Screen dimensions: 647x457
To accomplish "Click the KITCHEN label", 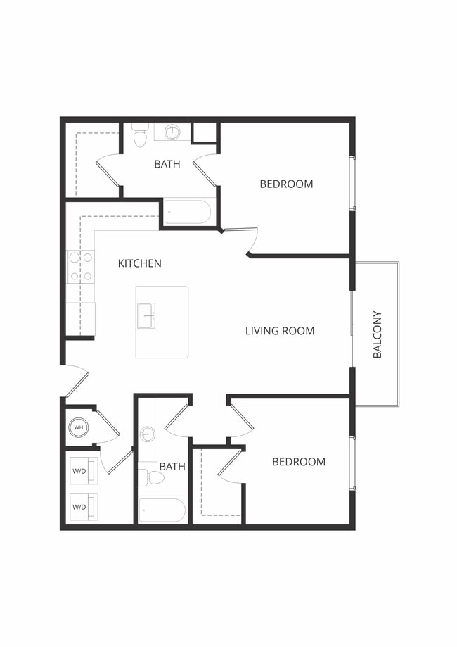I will pos(139,263).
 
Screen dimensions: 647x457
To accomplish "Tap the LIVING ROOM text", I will pos(279,330).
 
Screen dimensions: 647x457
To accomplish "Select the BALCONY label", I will pos(377,334).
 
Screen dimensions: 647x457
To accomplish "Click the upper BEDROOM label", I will pos(286,184).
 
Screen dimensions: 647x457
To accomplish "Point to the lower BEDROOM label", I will pos(299,462).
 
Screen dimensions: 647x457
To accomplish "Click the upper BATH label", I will pos(167,164).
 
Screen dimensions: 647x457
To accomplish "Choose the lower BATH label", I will pos(172,466).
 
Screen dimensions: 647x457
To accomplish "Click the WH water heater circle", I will pos(78,427).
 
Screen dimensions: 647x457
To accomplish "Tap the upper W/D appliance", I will pos(82,471).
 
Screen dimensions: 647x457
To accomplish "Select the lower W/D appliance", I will pos(82,506).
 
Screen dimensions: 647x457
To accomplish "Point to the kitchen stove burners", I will pos(81,267).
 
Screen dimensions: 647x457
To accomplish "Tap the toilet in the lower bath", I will pos(152,478).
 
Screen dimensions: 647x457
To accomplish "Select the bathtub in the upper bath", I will pos(187,212).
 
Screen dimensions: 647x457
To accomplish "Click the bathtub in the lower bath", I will pos(162,510).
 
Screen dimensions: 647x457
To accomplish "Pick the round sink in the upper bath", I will pos(172,132).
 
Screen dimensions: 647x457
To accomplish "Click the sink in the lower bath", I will pos(147,434).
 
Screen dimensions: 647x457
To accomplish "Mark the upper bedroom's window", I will pos(352,182).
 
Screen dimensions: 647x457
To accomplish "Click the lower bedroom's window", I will pos(352,463).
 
